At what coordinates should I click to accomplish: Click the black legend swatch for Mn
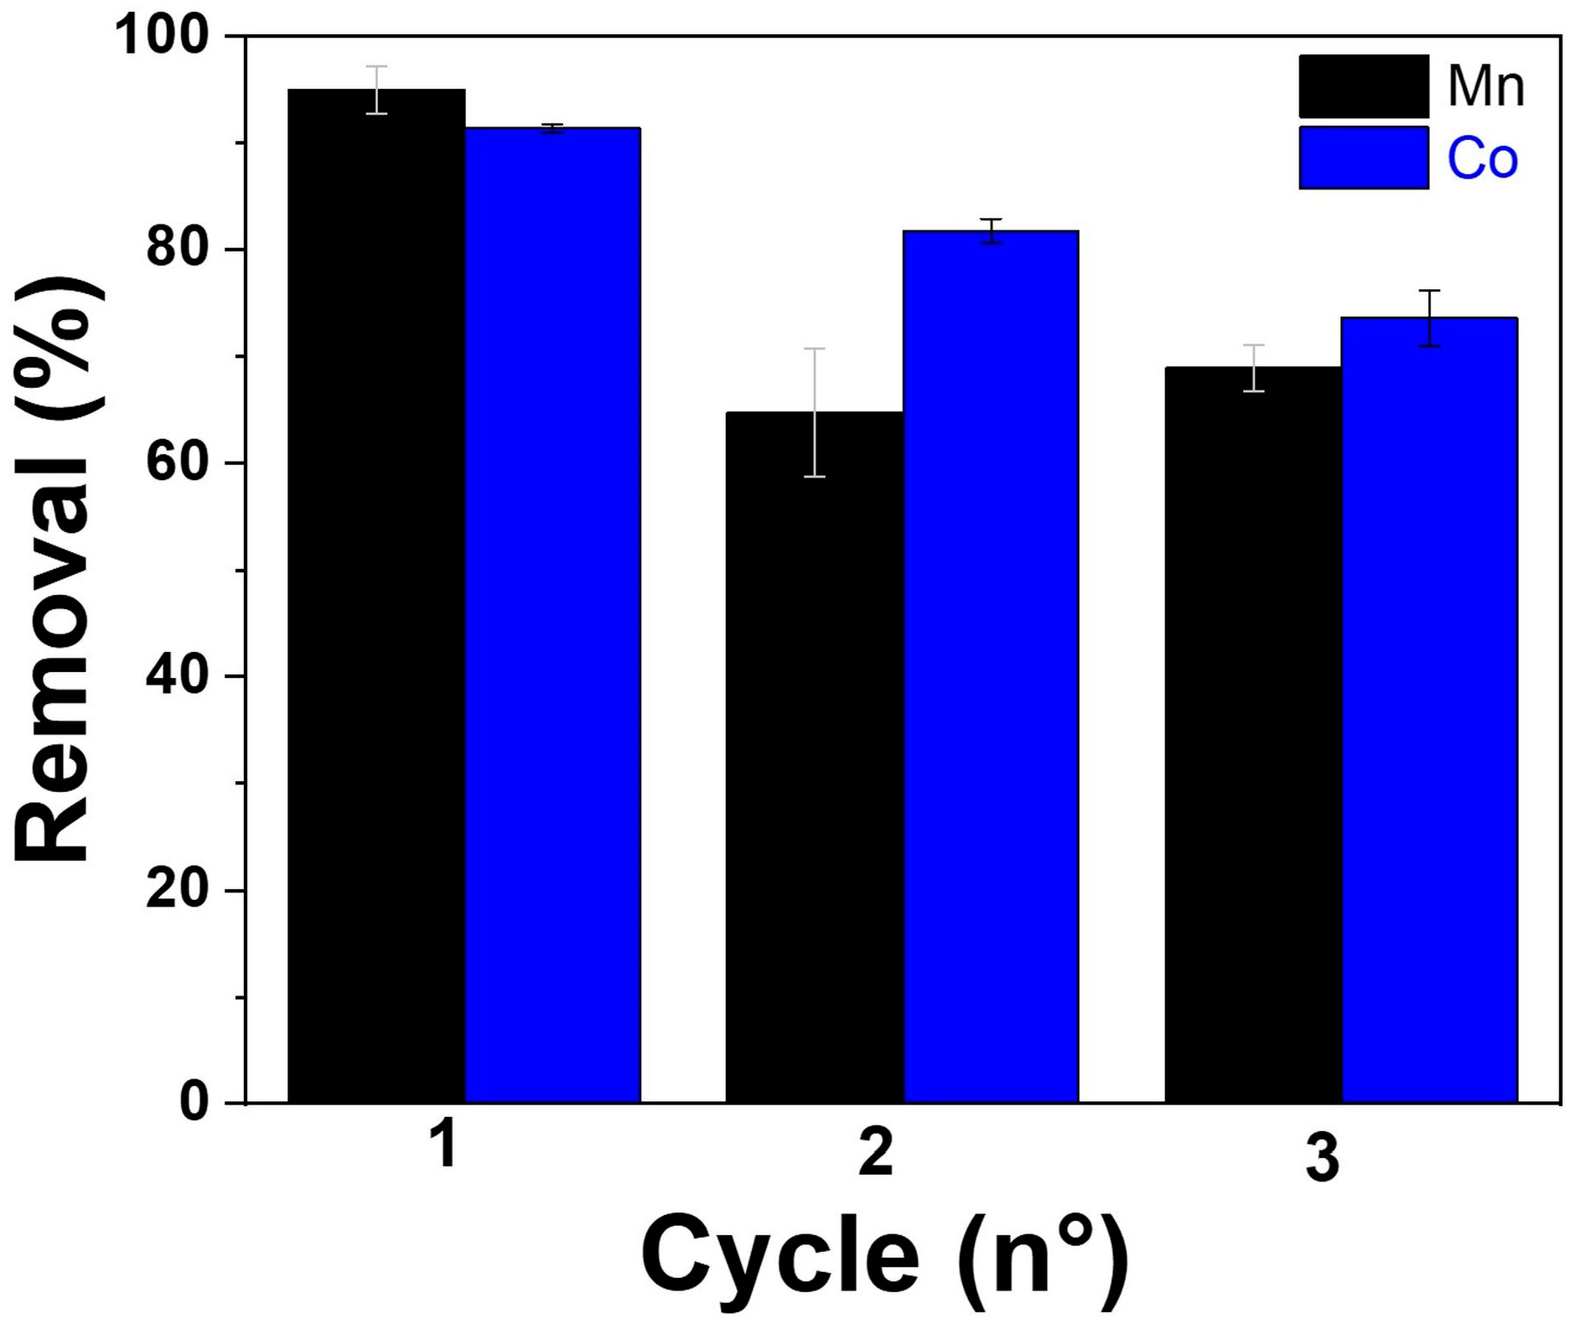1363,86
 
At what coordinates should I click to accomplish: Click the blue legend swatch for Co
1363,158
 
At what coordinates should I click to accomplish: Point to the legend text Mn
1485,86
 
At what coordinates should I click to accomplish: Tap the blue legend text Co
1482,158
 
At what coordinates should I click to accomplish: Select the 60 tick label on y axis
176,463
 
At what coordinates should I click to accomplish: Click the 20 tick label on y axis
176,890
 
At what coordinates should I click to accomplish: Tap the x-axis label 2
877,1152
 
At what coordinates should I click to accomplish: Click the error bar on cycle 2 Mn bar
815,412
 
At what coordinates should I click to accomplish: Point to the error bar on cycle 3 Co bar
1429,318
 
